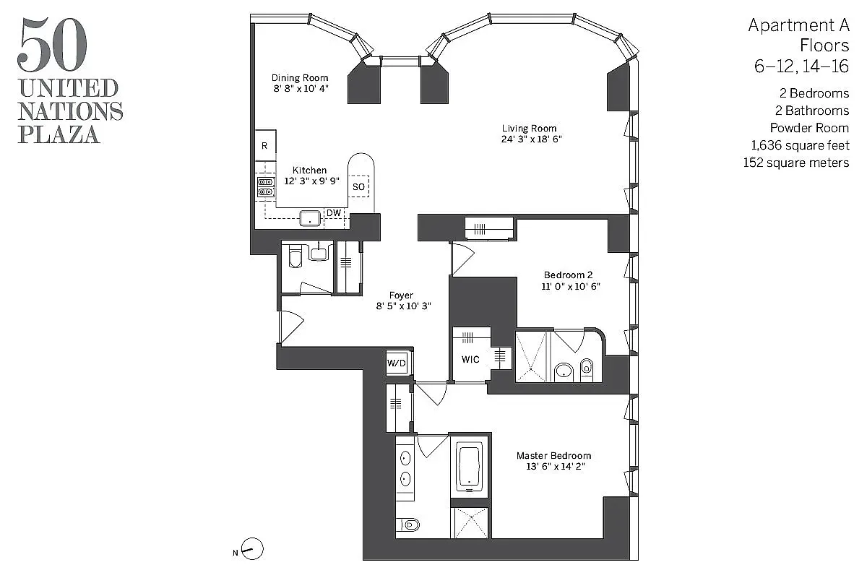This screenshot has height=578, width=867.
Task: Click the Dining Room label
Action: click(300, 78)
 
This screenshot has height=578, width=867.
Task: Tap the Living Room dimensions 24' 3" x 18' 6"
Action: click(532, 139)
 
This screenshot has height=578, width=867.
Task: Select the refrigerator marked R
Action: click(264, 146)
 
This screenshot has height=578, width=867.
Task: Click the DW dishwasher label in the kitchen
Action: click(333, 213)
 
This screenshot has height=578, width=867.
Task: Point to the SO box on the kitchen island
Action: click(359, 187)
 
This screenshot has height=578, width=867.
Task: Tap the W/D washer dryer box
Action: click(397, 363)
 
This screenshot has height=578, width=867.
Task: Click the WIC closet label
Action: click(470, 360)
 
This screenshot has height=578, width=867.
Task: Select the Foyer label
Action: click(401, 296)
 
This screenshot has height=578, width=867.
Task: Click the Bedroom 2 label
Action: click(568, 275)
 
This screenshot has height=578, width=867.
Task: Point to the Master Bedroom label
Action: click(553, 456)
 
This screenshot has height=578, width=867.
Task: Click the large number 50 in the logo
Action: click(52, 45)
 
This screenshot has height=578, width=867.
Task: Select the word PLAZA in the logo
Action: click(59, 134)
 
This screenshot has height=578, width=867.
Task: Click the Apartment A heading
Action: click(798, 26)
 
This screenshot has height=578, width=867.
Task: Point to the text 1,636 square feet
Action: click(800, 146)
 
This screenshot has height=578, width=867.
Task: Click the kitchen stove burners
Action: click(265, 187)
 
